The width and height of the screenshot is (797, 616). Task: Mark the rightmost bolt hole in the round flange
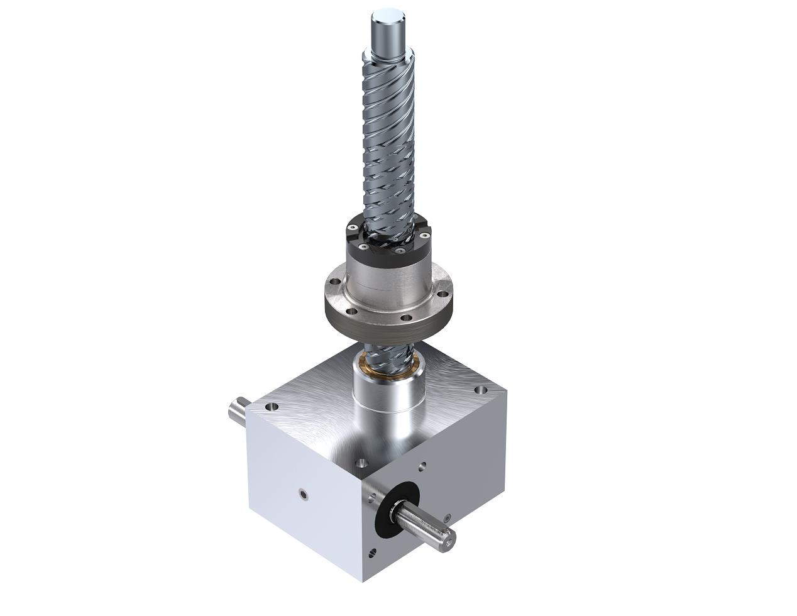click(445, 291)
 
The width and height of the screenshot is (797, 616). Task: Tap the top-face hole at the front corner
click(361, 465)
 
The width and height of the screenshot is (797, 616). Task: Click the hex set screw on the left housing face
click(304, 495)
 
